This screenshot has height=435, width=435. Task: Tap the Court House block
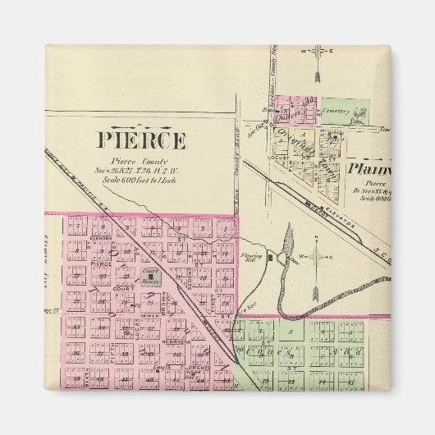pos(150,277)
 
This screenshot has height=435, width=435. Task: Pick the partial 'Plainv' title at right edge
pos(369,170)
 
